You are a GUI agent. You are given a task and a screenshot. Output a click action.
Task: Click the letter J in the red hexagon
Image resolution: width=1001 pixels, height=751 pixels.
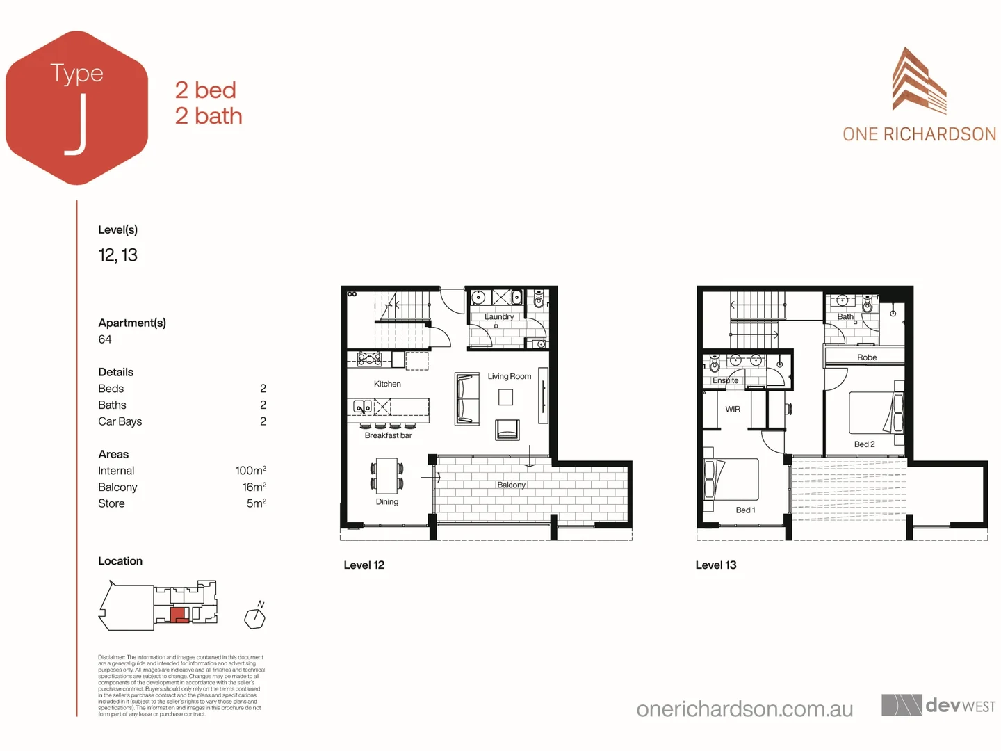(x=77, y=124)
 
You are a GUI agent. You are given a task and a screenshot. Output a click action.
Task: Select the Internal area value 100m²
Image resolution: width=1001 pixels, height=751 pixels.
(x=250, y=471)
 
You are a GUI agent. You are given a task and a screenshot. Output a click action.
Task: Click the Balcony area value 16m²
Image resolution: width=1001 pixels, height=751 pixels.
(x=254, y=487)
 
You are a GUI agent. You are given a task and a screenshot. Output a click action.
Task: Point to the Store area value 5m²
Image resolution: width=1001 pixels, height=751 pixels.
(x=256, y=503)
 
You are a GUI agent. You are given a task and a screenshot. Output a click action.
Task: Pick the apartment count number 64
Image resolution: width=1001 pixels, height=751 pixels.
(x=105, y=339)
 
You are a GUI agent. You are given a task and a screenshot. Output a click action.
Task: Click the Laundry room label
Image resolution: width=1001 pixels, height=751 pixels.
(x=499, y=316)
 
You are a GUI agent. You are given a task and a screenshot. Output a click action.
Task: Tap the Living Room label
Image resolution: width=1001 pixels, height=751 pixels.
(x=509, y=376)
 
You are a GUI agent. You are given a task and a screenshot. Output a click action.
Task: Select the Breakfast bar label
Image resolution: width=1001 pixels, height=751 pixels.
(x=388, y=435)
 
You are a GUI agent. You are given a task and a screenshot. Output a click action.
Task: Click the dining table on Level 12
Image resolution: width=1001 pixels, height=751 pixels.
(x=386, y=475)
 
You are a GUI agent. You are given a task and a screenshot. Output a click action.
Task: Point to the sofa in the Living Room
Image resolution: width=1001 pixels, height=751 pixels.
(x=467, y=398)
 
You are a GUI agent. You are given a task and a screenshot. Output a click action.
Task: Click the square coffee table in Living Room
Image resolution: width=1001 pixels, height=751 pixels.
(x=505, y=397)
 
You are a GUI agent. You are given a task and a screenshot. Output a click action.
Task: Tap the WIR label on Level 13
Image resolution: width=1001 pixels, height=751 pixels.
(x=733, y=409)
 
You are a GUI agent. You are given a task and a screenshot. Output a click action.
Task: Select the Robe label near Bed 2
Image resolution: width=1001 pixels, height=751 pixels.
(x=867, y=357)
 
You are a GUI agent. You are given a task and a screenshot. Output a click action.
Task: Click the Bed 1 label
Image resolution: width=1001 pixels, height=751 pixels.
(x=745, y=510)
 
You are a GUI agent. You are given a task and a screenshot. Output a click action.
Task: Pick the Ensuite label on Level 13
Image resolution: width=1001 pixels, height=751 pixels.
(x=726, y=380)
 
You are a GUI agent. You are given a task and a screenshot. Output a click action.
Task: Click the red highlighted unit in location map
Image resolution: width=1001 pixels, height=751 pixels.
(x=179, y=615)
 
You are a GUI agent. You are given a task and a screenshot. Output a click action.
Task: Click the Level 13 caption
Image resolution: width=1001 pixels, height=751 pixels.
(x=715, y=565)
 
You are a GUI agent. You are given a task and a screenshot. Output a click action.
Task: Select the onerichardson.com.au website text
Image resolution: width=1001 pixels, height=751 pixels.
(x=744, y=709)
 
